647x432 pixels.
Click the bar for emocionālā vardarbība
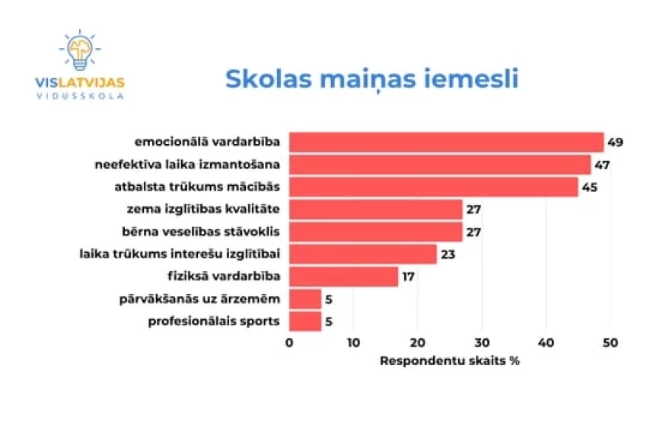[x=446, y=142]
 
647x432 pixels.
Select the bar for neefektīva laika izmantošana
[x=440, y=165]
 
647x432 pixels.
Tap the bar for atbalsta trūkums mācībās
[x=433, y=187]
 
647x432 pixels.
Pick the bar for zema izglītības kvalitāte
[x=375, y=210]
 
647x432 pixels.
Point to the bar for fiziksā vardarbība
[x=343, y=276]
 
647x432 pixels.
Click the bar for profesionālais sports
[x=305, y=321]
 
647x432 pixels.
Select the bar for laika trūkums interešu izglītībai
[x=362, y=254]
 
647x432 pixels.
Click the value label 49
[x=615, y=142]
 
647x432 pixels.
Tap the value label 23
[x=448, y=254]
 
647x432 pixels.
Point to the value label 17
[x=408, y=276]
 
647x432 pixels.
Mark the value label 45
[x=589, y=187]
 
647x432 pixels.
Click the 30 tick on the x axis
[x=481, y=344]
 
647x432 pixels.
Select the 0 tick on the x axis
[x=289, y=344]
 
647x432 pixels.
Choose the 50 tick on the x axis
[x=609, y=344]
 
